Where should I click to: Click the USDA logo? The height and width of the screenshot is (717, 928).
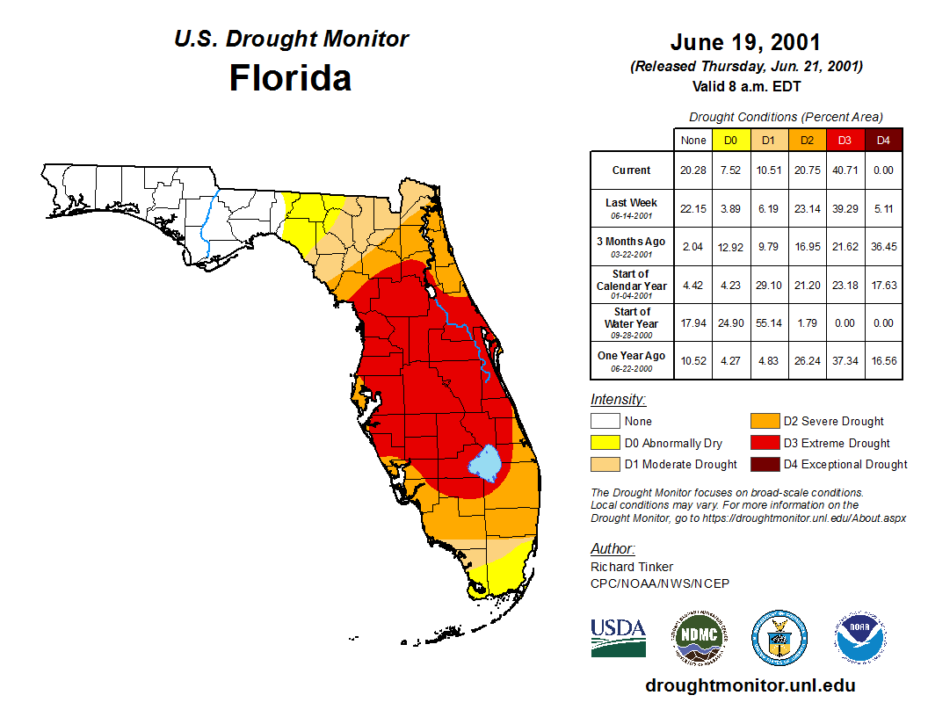618,637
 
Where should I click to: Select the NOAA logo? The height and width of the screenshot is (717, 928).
861,637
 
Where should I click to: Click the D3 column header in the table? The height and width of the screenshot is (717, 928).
845,140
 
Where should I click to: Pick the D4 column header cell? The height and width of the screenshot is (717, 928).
883,140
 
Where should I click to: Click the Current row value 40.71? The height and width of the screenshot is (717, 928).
845,170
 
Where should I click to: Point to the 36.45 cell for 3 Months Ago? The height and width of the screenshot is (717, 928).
883,247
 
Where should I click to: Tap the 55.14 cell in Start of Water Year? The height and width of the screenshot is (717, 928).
768,322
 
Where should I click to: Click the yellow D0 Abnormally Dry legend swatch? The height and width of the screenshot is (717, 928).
605,443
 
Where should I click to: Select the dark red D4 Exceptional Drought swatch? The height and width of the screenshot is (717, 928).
764,464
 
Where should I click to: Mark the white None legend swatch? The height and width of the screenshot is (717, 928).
605,422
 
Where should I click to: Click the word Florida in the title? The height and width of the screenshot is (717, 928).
290,78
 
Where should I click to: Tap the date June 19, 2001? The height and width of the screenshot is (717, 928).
745,42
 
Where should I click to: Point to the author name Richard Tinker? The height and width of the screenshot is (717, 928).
632,567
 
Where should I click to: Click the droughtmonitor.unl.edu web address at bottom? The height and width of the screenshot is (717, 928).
750,685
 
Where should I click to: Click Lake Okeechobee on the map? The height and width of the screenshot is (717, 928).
484,460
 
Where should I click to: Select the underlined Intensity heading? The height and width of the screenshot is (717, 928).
618,400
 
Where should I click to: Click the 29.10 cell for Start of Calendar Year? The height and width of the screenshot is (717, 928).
768,285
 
